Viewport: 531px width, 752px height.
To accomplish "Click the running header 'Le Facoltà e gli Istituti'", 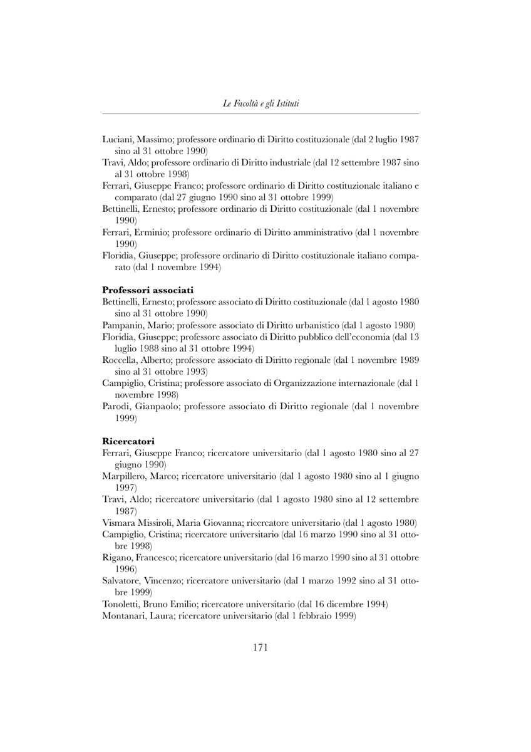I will pos(260,103).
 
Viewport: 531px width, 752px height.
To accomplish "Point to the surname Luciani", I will pos(118,139).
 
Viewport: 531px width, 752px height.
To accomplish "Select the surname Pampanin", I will pos(121,325).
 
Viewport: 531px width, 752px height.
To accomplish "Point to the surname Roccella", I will pos(121,360).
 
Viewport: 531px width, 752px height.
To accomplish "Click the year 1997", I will pos(126,488).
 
